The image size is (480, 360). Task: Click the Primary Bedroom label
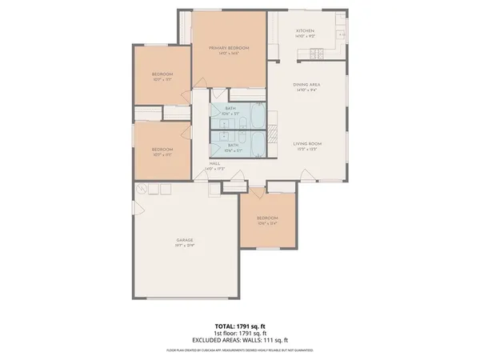[230, 48]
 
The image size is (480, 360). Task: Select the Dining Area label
[306, 85]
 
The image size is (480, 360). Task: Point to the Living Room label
[307, 144]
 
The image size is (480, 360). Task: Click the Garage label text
[185, 240]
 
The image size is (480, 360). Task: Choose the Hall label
[214, 163]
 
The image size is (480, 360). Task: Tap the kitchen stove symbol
[316, 54]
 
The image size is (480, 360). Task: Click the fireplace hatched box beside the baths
[271, 129]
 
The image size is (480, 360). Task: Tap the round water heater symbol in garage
[142, 189]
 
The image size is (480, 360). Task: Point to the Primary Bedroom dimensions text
[230, 54]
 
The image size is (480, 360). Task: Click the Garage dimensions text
[185, 246]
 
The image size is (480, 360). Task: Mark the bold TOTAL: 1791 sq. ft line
[240, 327]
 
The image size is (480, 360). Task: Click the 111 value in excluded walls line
[267, 340]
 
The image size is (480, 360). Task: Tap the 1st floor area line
[240, 334]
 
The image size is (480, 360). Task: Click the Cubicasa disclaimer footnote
[240, 350]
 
